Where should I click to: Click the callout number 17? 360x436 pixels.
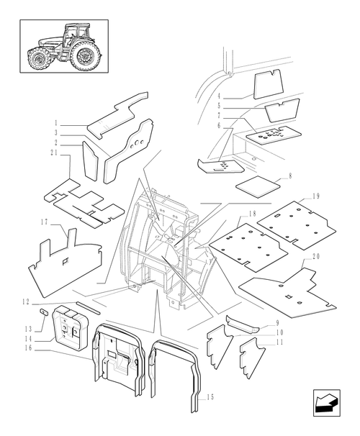click(44, 222)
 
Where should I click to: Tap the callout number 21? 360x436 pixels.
click(54, 153)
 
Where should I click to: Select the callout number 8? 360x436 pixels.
click(290, 176)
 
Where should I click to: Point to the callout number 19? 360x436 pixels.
click(315, 196)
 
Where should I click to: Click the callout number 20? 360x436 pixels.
click(316, 256)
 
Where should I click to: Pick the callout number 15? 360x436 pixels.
click(211, 397)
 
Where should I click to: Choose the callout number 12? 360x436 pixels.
click(26, 301)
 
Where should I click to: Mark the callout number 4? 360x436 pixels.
click(219, 96)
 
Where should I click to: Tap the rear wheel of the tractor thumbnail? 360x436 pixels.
click(85, 55)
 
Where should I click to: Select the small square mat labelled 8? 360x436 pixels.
click(257, 186)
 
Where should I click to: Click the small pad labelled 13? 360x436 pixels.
click(44, 312)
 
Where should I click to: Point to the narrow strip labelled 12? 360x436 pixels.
click(88, 307)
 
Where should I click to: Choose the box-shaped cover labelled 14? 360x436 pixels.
click(70, 325)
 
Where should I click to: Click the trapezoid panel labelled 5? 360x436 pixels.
click(282, 110)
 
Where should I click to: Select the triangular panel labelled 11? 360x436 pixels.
click(252, 358)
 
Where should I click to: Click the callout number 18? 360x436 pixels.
click(252, 214)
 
